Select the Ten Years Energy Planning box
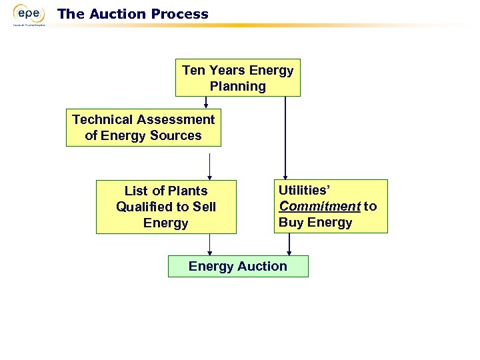237,78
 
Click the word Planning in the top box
237,86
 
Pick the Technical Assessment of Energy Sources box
143,127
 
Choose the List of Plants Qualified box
166,207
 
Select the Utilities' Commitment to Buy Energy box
330,206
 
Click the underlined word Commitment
319,206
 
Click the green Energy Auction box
238,266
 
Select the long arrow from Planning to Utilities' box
285,137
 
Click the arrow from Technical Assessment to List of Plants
210,166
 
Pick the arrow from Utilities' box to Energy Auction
289,244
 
